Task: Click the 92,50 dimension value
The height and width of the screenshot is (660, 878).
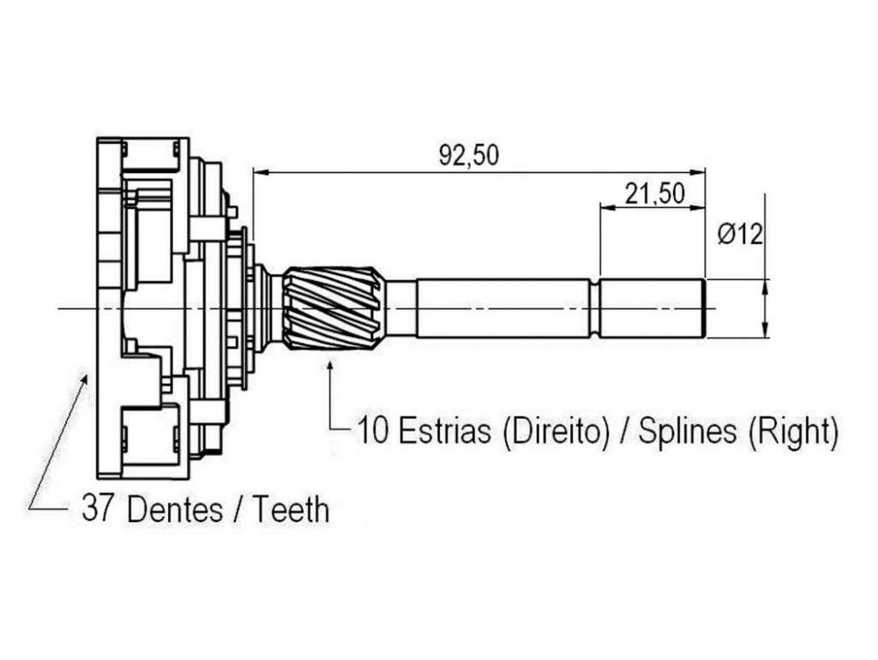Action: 468,156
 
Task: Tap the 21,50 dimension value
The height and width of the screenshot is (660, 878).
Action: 654,194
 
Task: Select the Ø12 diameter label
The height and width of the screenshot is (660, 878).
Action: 740,234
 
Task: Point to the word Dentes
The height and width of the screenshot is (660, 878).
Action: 175,509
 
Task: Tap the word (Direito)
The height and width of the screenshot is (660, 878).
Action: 555,432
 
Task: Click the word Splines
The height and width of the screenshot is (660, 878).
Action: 688,432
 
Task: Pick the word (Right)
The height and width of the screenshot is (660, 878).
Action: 793,432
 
